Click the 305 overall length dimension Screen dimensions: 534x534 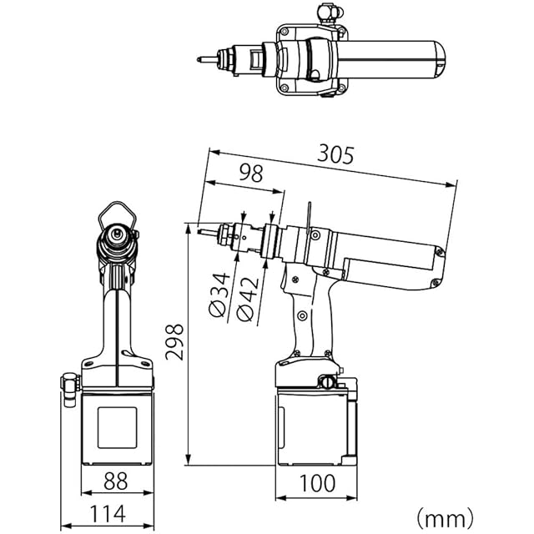(335, 155)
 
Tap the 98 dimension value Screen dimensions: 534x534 (251, 173)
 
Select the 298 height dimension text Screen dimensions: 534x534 (174, 341)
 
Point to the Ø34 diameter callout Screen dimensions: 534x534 (219, 295)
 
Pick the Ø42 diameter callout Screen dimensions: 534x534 (248, 299)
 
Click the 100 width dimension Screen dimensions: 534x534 (317, 483)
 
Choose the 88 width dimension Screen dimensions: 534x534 (116, 481)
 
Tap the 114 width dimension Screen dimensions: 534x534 (108, 514)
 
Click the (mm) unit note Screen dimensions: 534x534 (446, 518)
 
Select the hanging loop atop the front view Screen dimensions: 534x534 (118, 204)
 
